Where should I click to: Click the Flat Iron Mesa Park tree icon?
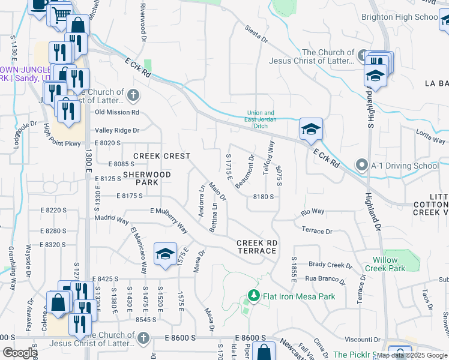254,296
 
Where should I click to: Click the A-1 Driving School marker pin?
361,164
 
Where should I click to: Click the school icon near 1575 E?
165,254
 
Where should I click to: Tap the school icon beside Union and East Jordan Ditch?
312,130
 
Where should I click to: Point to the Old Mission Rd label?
117,112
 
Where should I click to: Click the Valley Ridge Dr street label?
117,130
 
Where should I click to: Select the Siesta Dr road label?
256,35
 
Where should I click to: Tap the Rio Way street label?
312,212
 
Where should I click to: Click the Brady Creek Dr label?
330,265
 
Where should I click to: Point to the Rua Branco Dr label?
327,278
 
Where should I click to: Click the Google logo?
19,353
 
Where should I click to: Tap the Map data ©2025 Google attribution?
412,355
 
